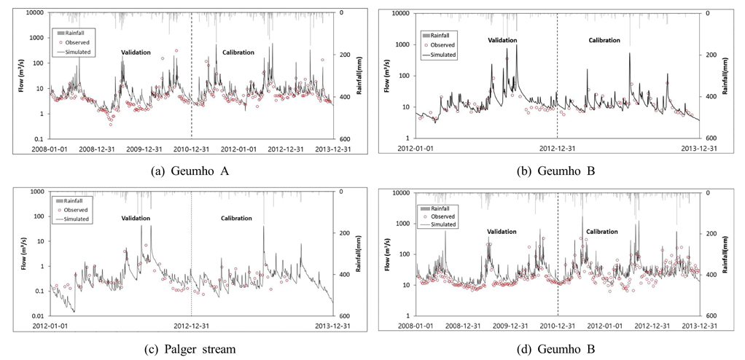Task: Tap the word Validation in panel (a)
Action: tap(136, 52)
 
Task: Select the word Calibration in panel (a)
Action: tap(238, 52)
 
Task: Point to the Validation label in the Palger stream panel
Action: tap(136, 219)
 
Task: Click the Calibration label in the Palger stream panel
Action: tap(236, 219)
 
